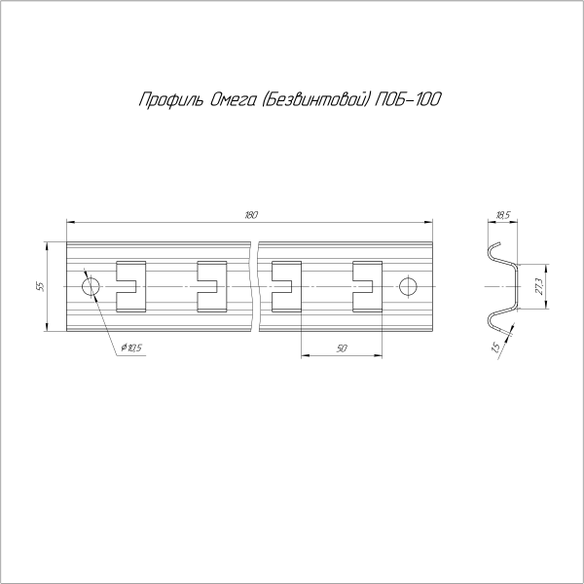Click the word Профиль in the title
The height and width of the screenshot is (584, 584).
point(171,100)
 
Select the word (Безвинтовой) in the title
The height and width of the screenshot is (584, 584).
point(313,99)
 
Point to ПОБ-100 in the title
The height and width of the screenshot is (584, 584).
point(408,99)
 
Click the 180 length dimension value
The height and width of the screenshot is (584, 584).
point(251,215)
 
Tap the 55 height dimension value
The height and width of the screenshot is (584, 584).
point(41,286)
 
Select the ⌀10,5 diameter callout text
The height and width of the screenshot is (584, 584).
point(131,347)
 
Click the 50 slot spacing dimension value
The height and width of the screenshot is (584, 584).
point(342,348)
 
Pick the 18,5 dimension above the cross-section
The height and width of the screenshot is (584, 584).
point(503,215)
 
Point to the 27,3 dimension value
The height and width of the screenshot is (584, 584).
point(539,287)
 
